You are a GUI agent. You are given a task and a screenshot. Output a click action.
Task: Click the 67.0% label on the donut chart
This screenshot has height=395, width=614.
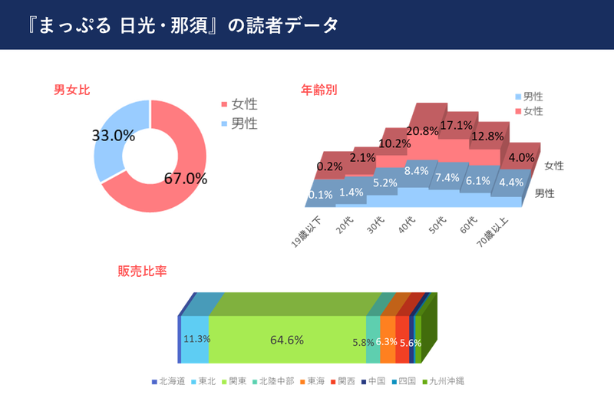pyautogui.click(x=187, y=179)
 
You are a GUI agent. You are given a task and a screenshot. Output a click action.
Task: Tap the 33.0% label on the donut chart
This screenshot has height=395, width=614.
pyautogui.click(x=114, y=136)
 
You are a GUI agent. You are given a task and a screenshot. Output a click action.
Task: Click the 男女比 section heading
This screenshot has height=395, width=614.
pyautogui.click(x=71, y=90)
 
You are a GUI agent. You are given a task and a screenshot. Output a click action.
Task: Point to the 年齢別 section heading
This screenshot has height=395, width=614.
pyautogui.click(x=319, y=90)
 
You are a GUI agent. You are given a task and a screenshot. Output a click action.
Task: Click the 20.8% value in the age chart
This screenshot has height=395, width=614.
pyautogui.click(x=424, y=131)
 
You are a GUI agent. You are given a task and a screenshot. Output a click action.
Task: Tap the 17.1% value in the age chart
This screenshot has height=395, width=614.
pyautogui.click(x=456, y=125)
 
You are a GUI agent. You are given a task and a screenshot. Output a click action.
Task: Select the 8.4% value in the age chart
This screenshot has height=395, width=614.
pyautogui.click(x=416, y=170)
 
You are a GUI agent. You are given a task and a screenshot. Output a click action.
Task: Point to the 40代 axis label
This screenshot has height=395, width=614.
pyautogui.click(x=406, y=225)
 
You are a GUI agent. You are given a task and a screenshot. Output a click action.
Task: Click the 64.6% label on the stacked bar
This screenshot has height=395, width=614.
pyautogui.click(x=287, y=340)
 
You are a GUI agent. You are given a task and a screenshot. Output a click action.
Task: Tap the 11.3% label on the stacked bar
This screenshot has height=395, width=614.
pyautogui.click(x=195, y=340)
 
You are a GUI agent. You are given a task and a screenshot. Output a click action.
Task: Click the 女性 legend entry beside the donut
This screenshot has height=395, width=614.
pyautogui.click(x=244, y=104)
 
